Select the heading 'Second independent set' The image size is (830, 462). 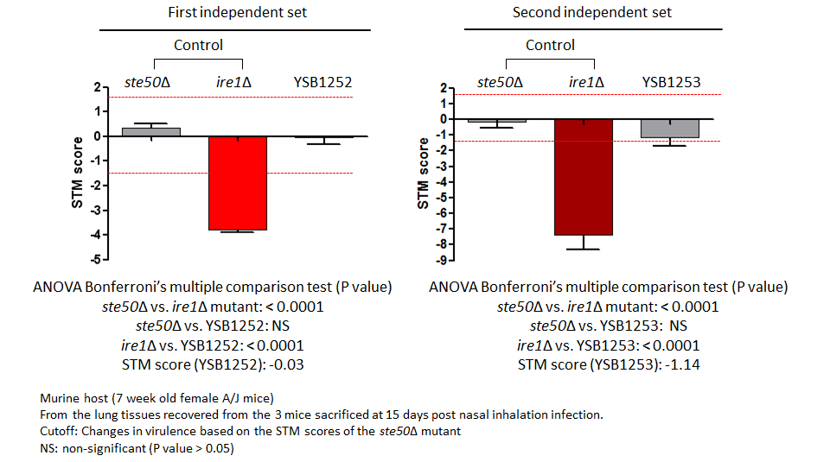click(592, 13)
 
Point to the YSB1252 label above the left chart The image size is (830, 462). click(323, 83)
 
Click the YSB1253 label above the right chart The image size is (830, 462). click(671, 83)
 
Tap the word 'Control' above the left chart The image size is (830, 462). click(198, 45)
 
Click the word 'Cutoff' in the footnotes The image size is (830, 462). click(58, 429)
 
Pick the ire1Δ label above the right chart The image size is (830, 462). click(586, 83)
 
